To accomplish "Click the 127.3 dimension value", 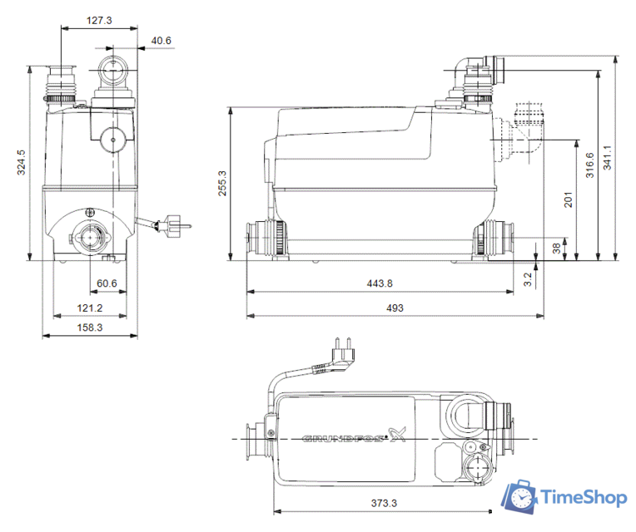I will pos(99,18).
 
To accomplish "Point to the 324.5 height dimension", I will pos(22,162).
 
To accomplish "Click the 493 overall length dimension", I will pos(395,308).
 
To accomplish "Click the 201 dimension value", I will pos(569,199).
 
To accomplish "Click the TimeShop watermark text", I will pos(584,498).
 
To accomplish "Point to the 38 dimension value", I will pos(556,247).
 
